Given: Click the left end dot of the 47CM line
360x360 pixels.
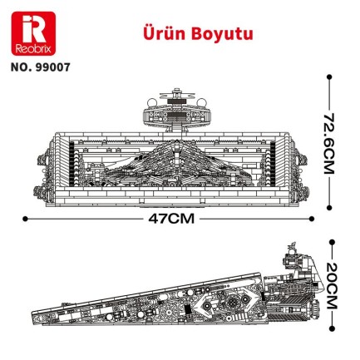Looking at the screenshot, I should click(x=25, y=219).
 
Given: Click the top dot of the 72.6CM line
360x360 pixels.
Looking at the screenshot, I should click(x=329, y=81).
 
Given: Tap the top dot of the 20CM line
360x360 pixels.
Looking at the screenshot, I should click(x=329, y=244).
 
